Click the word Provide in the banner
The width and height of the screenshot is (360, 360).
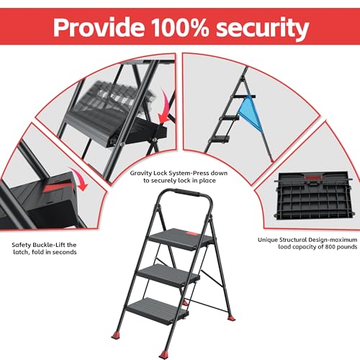99,27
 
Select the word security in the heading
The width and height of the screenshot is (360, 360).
262,28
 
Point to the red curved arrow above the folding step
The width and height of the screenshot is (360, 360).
164,107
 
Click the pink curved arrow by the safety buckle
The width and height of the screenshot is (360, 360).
79,179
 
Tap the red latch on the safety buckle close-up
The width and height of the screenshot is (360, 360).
58,188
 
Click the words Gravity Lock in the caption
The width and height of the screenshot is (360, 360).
148,173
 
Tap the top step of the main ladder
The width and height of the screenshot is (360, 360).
181,239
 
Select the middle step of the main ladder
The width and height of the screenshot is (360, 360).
168,275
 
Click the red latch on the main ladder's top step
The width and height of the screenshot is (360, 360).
193,233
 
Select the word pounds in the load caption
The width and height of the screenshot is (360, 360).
347,247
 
